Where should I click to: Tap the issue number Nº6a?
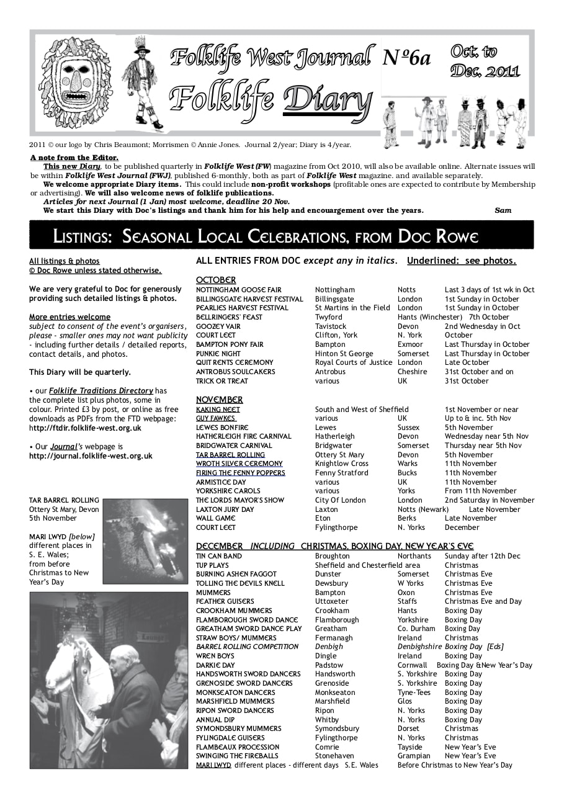406,57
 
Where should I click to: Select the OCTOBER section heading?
216,280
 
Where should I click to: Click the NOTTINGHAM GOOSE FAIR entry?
239,290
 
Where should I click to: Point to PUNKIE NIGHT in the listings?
218,354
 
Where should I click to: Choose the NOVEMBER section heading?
220,400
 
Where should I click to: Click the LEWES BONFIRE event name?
222,428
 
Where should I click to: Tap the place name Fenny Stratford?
341,473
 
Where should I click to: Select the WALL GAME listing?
216,518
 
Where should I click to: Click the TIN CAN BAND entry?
219,556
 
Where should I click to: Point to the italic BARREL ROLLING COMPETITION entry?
247,647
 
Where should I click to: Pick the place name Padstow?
329,665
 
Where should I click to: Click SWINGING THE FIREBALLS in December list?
237,756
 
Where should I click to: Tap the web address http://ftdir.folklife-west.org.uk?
85,428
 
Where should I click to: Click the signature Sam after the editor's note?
503,210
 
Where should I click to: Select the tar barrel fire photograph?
145,541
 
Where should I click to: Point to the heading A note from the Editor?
74,158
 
